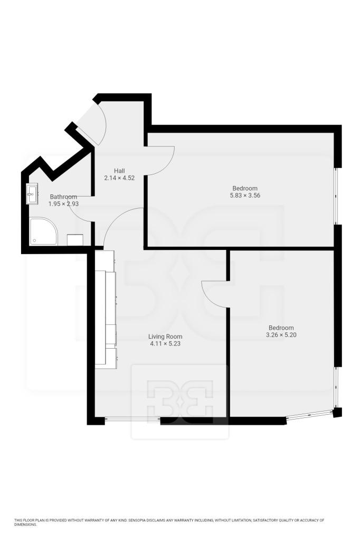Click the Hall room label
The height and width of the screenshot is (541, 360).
pyautogui.click(x=119, y=171)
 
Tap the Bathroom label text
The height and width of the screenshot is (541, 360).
pyautogui.click(x=63, y=197)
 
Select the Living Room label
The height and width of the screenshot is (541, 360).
pyautogui.click(x=165, y=337)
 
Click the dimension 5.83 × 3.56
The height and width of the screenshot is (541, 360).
pyautogui.click(x=245, y=195)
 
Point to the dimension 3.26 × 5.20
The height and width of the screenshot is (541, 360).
pyautogui.click(x=281, y=334)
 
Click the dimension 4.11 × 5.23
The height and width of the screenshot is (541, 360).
pyautogui.click(x=165, y=343)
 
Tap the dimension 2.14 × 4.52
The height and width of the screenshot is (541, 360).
pyautogui.click(x=119, y=178)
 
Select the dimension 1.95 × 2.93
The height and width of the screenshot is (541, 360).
pyautogui.click(x=63, y=204)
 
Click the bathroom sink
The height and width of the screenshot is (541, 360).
pyautogui.click(x=32, y=194)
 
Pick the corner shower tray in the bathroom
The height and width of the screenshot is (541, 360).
pyautogui.click(x=43, y=231)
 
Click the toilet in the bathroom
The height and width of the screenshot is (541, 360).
pyautogui.click(x=75, y=240)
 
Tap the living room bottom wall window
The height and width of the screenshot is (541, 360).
pyautogui.click(x=132, y=419)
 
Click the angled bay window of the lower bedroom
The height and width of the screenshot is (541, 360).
pyautogui.click(x=310, y=415)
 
